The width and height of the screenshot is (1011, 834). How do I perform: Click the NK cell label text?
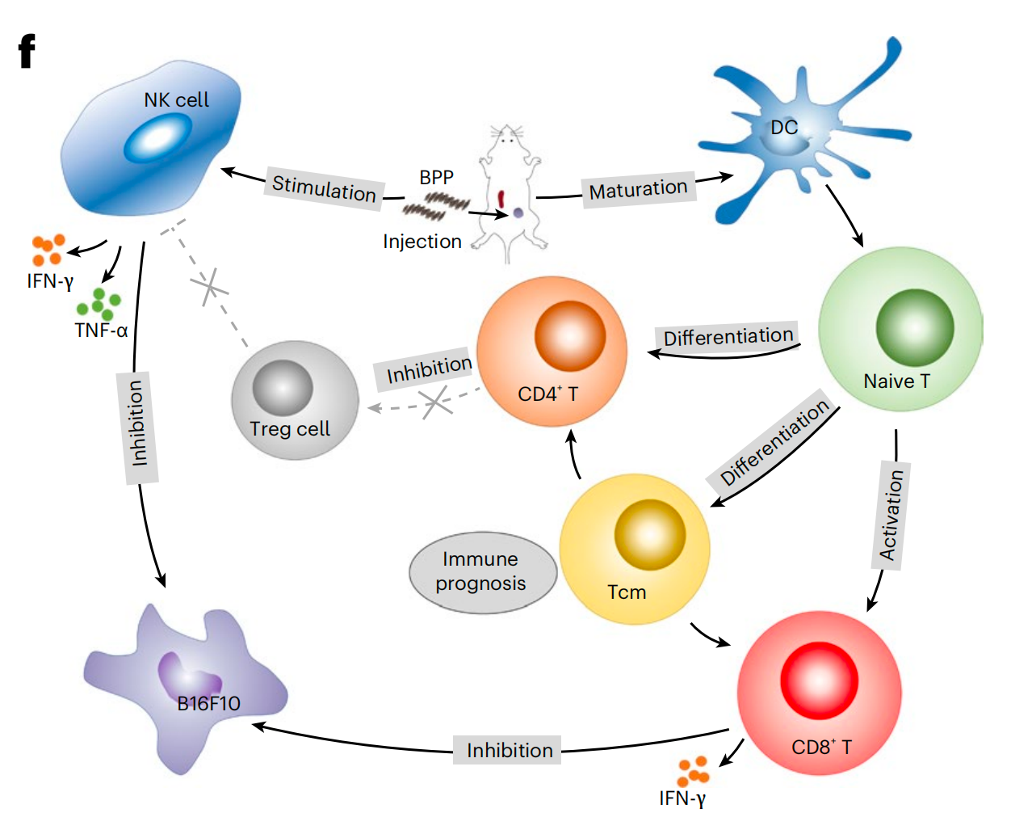[x=176, y=100]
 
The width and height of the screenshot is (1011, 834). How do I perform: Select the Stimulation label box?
[x=324, y=189]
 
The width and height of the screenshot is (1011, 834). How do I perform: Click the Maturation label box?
[x=638, y=190]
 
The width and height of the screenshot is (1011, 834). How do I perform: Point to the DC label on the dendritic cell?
[x=783, y=128]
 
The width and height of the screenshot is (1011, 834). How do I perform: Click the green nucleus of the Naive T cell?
[x=914, y=327]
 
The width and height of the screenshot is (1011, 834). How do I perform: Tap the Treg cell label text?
[x=290, y=429]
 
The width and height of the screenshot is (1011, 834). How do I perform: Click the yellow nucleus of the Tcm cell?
[x=649, y=535]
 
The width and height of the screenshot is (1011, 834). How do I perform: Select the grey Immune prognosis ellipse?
[x=482, y=572]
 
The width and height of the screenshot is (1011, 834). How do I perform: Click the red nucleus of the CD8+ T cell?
[x=818, y=680]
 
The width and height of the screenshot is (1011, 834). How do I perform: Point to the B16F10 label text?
[x=208, y=704]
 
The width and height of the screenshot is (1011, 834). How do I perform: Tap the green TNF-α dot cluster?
[x=99, y=303]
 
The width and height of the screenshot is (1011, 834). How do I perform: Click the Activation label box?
[x=891, y=516]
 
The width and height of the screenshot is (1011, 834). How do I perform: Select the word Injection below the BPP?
[x=422, y=242]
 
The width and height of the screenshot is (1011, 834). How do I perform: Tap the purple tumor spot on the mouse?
[x=518, y=213]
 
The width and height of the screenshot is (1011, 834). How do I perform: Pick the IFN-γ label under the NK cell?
[x=50, y=281]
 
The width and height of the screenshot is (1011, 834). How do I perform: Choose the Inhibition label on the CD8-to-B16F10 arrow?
[x=509, y=751]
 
